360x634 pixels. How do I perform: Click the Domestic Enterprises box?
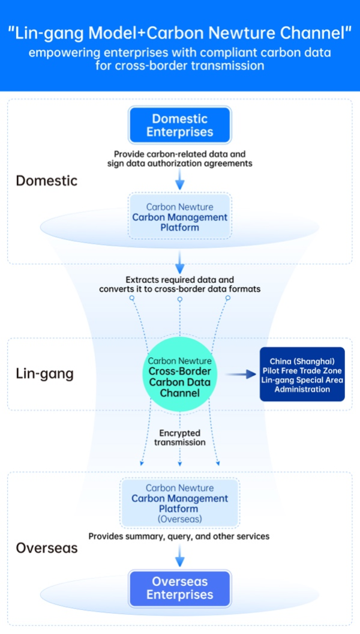[180, 125]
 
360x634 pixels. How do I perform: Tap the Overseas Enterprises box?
[180, 588]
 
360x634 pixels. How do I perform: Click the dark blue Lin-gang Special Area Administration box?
[302, 374]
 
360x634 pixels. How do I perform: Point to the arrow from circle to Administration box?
[239, 375]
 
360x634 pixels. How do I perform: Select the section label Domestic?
[46, 181]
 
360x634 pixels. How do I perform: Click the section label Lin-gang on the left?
[44, 374]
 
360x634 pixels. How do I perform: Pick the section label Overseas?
[46, 548]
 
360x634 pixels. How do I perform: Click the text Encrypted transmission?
[179, 437]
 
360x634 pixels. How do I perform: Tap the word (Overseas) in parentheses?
[179, 519]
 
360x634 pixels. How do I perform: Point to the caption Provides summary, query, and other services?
[179, 536]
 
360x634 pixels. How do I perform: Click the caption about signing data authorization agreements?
[179, 158]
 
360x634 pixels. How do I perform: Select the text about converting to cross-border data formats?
[179, 285]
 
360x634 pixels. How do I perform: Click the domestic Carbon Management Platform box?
[180, 217]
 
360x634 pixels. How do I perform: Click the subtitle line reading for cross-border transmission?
[179, 65]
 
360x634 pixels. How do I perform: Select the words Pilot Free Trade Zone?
[302, 370]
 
